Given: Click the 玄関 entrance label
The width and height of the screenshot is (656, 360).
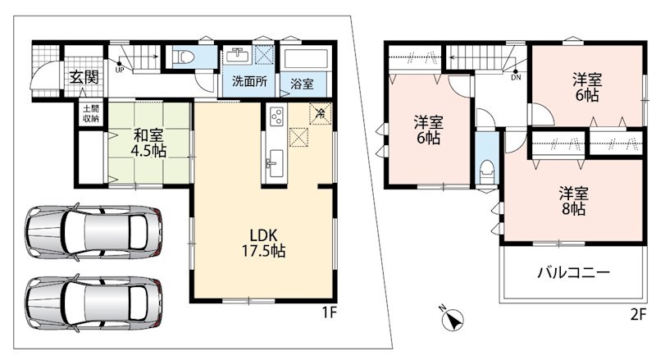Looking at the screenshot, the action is tap(84, 77).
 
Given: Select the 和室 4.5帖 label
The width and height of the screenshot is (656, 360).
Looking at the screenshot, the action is tap(148, 143).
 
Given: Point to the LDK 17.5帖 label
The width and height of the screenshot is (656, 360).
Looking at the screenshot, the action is tap(263, 243).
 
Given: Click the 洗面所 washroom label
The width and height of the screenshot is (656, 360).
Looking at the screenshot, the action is tap(250, 81).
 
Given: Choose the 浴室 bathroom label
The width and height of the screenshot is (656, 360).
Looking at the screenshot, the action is tap(302, 84).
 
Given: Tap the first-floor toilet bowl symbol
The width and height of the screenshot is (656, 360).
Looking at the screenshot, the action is tap(184, 57).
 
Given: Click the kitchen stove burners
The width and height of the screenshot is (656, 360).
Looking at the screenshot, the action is tap(276, 116).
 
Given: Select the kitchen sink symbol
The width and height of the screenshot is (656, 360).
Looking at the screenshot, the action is tap(275, 163).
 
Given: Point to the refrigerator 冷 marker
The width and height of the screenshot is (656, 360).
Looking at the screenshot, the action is tap(321, 113).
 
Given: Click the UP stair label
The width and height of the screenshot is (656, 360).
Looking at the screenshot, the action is tap(120, 70).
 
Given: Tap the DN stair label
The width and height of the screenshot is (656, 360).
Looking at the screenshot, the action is tap(516, 77).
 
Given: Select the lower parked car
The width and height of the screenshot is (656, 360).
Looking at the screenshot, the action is tap(93, 302).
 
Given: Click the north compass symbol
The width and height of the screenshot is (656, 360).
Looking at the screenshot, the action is tap(453, 317).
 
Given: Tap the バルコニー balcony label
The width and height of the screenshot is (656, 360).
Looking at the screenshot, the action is tap(573, 273).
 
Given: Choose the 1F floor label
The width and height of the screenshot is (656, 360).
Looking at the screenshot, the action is tap(330, 312).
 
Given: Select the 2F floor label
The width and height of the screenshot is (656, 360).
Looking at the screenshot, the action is tap(639, 314).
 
